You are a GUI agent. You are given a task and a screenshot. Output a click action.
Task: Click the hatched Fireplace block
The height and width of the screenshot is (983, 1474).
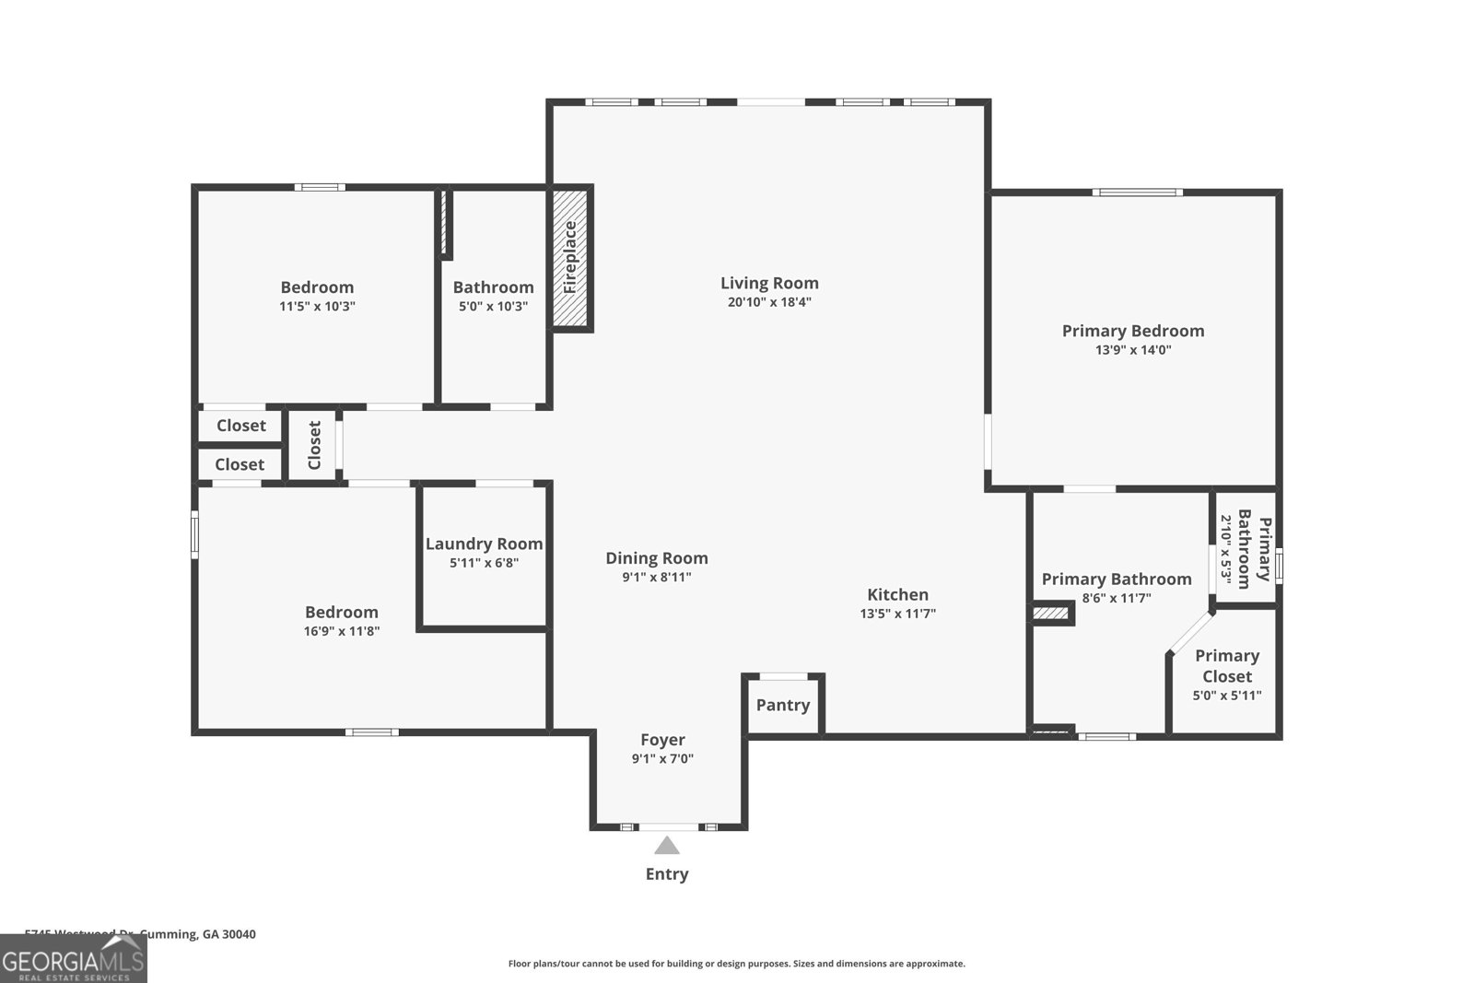point(570,258)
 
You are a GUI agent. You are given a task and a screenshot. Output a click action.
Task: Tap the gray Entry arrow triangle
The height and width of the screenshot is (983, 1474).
point(667,846)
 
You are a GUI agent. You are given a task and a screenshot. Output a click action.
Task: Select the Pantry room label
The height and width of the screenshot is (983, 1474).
point(783,705)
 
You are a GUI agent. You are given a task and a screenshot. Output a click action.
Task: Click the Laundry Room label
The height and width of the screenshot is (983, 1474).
point(484,544)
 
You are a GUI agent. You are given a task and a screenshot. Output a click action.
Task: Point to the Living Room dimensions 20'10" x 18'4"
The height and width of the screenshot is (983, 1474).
point(769,302)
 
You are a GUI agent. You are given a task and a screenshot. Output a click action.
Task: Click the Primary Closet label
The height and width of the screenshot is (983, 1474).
point(1227,665)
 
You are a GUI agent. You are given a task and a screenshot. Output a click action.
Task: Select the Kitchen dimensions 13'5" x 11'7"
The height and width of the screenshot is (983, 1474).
point(898,614)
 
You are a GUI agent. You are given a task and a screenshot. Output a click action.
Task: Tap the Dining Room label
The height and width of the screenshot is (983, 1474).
point(657,557)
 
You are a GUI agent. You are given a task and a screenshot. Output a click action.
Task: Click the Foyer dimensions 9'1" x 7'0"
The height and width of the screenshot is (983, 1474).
point(662,759)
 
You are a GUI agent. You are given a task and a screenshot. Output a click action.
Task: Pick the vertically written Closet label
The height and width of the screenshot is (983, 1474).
point(314,445)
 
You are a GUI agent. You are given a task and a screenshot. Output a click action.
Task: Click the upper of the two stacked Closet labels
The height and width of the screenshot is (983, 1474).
point(241,426)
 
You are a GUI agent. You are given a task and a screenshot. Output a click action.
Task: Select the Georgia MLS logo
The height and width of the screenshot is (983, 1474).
point(73,959)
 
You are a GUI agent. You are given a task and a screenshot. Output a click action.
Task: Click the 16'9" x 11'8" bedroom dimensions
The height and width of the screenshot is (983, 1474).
point(342,631)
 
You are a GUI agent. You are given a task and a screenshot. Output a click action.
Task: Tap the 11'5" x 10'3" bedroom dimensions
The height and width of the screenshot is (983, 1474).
point(317,306)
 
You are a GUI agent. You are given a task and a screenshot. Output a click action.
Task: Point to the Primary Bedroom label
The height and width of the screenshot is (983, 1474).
point(1133,331)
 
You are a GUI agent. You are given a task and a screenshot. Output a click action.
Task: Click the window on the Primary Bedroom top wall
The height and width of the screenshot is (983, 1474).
point(1137,193)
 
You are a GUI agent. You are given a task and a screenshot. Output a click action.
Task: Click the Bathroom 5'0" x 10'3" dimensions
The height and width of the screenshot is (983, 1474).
point(493,306)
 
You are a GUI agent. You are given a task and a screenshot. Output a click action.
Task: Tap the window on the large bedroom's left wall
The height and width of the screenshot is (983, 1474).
point(195,534)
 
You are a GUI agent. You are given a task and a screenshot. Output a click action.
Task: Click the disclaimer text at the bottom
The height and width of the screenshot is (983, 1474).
point(737,964)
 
